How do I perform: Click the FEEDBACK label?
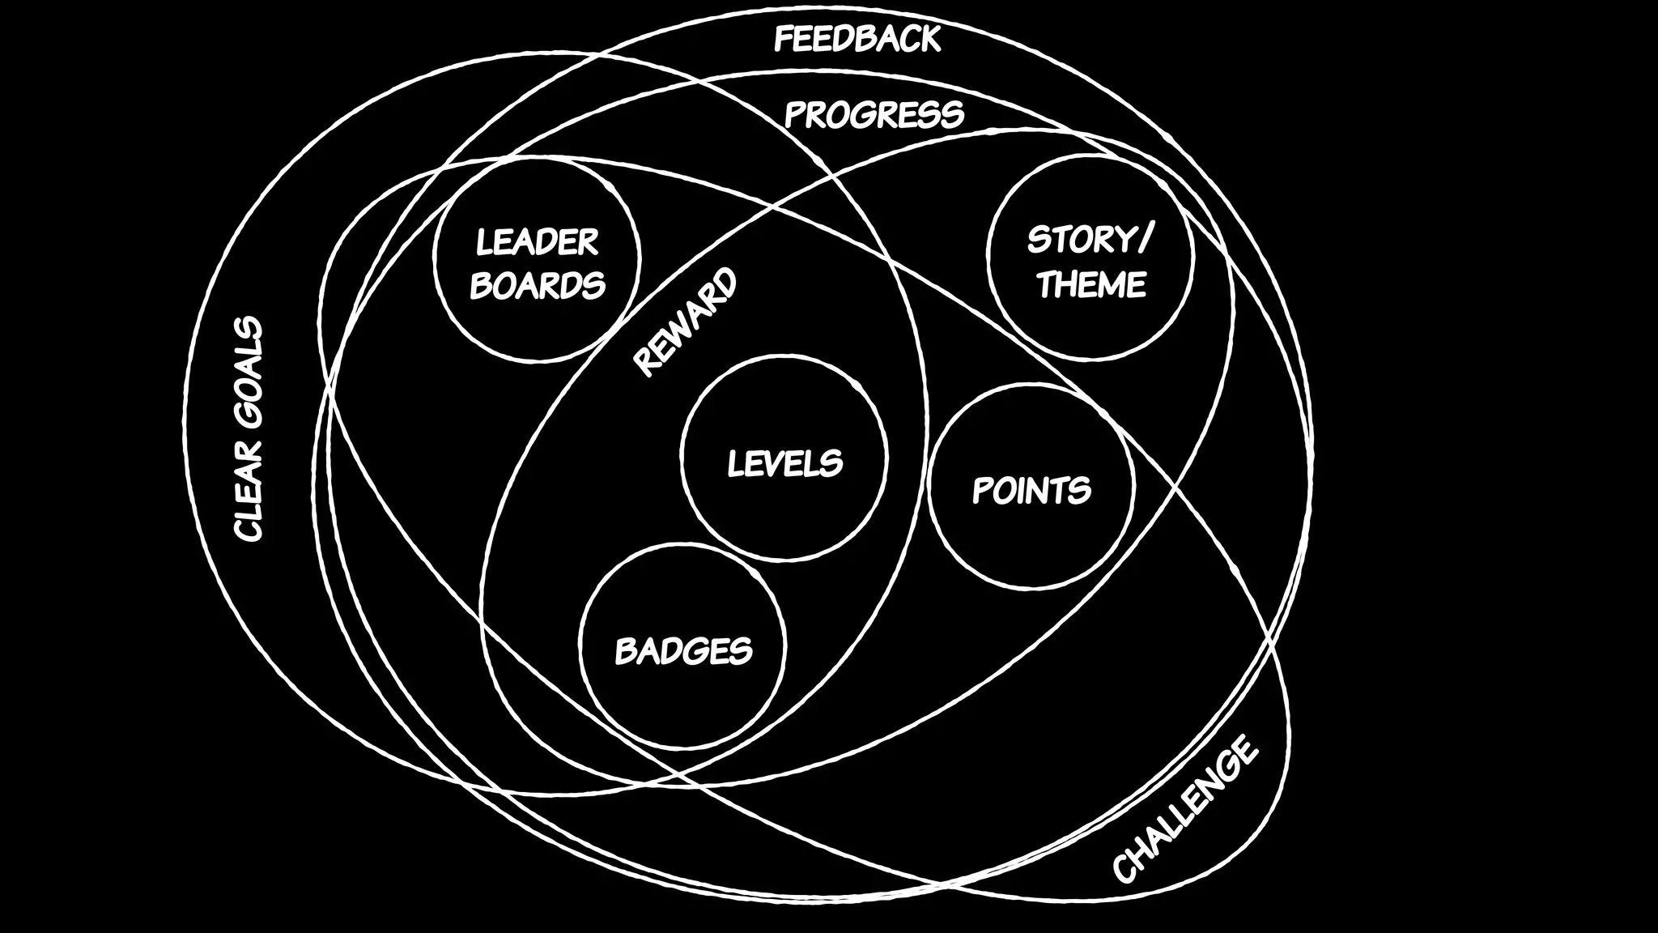(x=857, y=39)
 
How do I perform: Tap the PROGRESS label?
(x=874, y=115)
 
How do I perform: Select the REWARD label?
(x=685, y=322)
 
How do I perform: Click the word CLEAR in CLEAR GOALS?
(x=248, y=490)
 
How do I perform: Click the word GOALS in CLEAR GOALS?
(x=248, y=369)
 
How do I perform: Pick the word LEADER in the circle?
(x=537, y=242)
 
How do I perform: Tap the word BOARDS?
(x=538, y=285)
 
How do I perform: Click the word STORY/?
(x=1090, y=240)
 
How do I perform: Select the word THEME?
(x=1091, y=284)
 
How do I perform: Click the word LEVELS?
(x=784, y=464)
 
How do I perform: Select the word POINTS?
(x=1031, y=491)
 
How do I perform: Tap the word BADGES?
(x=683, y=651)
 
